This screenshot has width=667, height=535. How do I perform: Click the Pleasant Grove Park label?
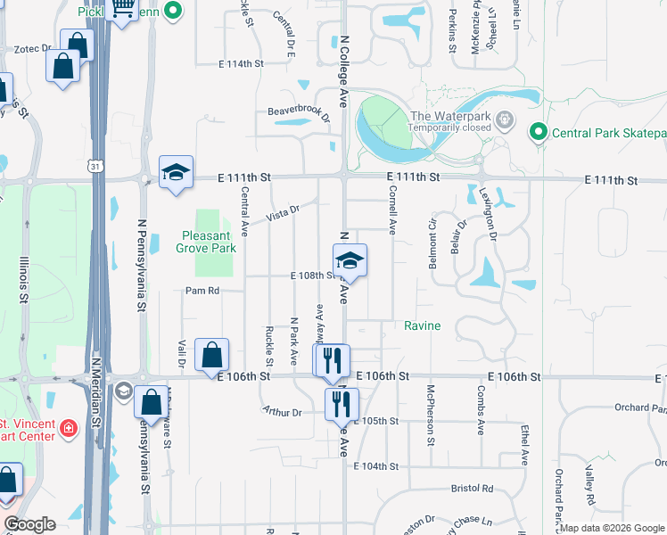(209, 242)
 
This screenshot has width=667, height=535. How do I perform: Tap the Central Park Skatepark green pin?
(537, 134)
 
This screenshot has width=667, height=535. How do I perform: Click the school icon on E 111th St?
(177, 172)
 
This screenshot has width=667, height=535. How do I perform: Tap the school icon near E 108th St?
(350, 260)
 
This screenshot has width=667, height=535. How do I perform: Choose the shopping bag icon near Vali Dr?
(211, 355)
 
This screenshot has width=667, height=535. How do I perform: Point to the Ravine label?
(423, 325)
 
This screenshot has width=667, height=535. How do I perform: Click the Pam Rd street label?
(202, 291)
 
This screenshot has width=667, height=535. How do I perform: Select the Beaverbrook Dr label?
(299, 113)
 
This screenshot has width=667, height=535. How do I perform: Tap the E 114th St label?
(242, 64)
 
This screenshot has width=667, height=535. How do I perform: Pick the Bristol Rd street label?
(472, 489)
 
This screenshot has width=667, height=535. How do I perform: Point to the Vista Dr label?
(282, 213)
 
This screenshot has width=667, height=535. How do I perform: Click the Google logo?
(29, 523)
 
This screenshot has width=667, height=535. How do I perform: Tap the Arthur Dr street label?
(282, 412)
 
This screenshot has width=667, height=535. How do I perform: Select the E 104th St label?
(375, 466)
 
